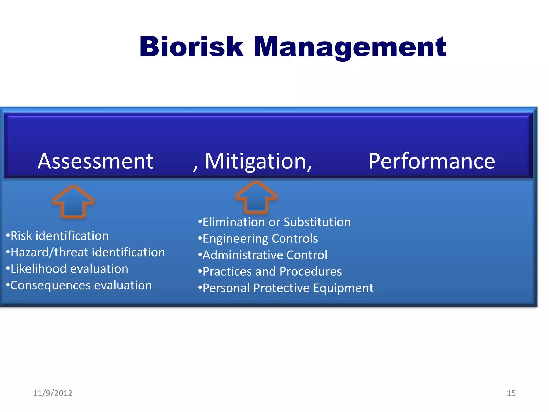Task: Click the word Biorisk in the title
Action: click(191, 47)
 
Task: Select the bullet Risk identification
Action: click(58, 236)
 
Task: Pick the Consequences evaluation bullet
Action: click(79, 285)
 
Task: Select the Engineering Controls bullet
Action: click(258, 238)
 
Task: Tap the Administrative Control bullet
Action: click(263, 255)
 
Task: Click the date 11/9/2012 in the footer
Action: click(53, 393)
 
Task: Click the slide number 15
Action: click(511, 393)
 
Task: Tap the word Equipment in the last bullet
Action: click(343, 288)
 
